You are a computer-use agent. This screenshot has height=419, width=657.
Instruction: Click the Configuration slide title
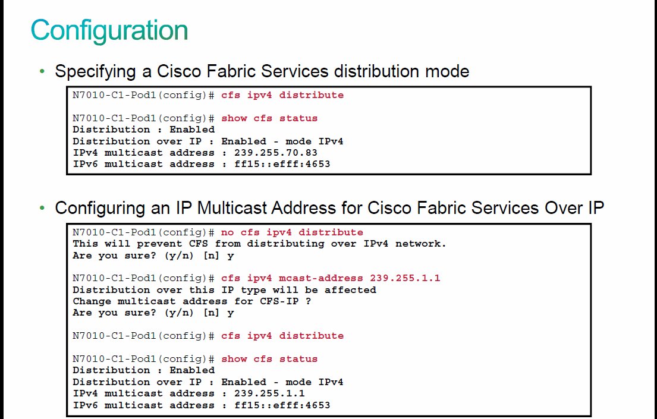pyautogui.click(x=109, y=31)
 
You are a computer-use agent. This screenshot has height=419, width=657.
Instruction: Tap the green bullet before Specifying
pyautogui.click(x=42, y=71)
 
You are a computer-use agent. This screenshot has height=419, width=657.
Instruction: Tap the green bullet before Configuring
pyautogui.click(x=42, y=208)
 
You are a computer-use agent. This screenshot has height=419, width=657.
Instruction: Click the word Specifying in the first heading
pyautogui.click(x=95, y=72)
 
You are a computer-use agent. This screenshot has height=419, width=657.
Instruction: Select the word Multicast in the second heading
pyautogui.click(x=232, y=208)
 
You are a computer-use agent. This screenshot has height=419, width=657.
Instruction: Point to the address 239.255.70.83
pyautogui.click(x=276, y=153)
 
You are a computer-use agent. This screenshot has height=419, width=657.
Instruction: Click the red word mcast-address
pyautogui.click(x=321, y=278)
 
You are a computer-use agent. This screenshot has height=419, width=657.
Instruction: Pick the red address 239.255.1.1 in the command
pyautogui.click(x=405, y=278)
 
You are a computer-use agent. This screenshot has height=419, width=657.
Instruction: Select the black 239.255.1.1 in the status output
pyautogui.click(x=269, y=393)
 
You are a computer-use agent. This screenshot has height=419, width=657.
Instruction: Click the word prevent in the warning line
pyautogui.click(x=159, y=244)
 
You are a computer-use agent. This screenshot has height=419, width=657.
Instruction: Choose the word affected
pyautogui.click(x=350, y=290)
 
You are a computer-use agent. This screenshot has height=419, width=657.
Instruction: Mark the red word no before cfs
pyautogui.click(x=228, y=232)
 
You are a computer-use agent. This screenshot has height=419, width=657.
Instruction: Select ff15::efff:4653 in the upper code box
pyautogui.click(x=282, y=164)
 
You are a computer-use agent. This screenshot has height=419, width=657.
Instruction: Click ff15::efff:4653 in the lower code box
pyautogui.click(x=282, y=405)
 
